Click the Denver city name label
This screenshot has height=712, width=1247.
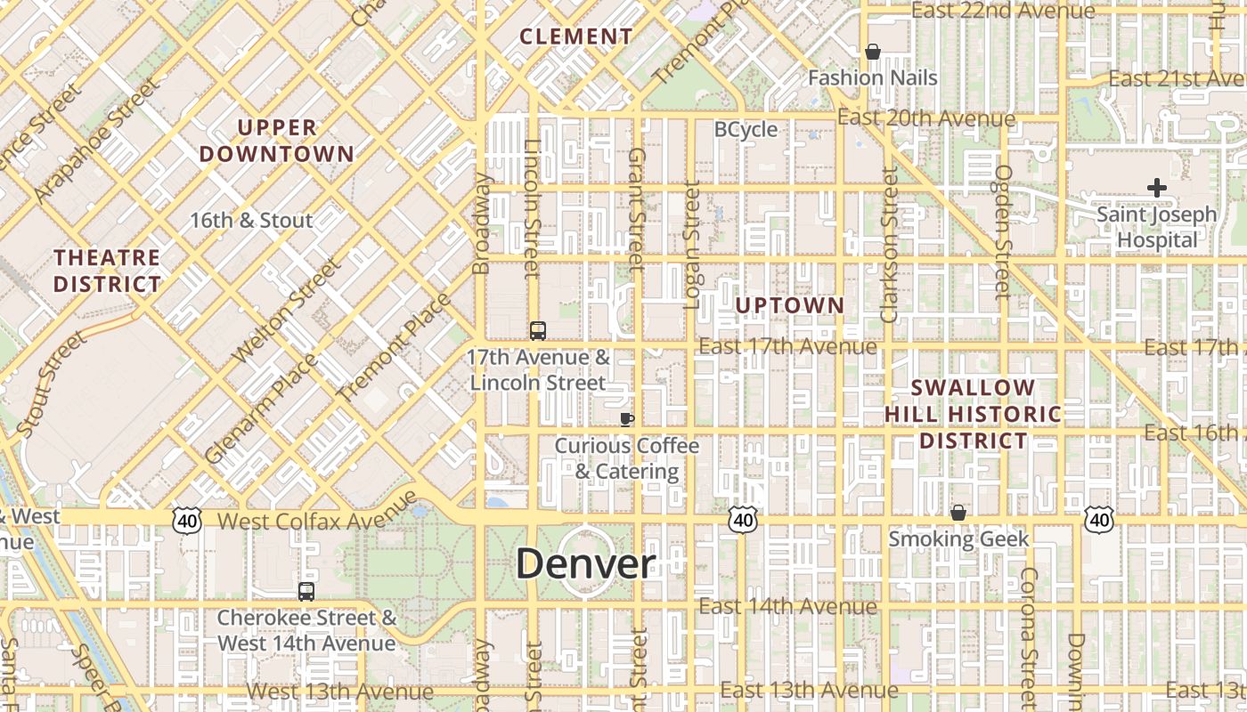585,563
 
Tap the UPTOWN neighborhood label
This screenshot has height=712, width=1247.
790,305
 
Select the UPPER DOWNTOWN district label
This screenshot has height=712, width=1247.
277,141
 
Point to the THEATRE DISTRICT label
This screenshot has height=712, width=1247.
107,271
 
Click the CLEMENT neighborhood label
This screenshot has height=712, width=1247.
576,36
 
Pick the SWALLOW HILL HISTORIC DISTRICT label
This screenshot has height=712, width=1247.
973,414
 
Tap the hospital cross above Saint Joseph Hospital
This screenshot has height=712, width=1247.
1156,188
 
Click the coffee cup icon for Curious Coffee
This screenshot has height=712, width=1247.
627,418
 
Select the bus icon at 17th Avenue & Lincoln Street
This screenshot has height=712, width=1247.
538,331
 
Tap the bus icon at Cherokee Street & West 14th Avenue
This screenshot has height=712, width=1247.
306,592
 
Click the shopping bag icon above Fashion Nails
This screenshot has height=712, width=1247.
873,53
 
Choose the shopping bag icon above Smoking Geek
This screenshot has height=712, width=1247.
958,513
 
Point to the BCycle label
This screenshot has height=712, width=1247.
746,130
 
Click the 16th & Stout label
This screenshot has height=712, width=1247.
251,220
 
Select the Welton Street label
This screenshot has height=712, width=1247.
286,311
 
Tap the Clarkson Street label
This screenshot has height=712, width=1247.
889,245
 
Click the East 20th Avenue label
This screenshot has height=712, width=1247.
926,118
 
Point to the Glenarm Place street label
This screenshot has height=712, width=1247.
260,409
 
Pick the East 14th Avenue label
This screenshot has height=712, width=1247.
788,607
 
